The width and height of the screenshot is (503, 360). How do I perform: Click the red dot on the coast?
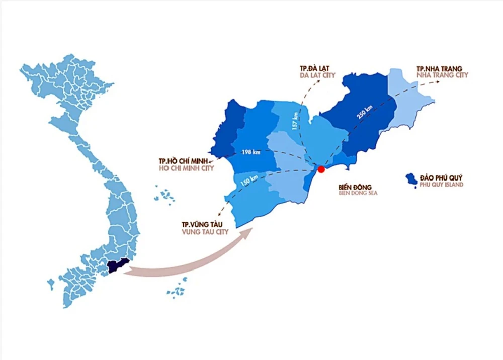321,170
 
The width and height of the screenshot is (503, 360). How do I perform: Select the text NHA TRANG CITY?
442,75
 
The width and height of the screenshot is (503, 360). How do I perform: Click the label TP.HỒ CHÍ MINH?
185,161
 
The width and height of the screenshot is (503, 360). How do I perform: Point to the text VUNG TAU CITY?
205,232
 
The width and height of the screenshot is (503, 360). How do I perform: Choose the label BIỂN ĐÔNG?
355,186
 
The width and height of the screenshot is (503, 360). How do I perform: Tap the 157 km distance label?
295,121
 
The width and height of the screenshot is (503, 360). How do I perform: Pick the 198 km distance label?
250,152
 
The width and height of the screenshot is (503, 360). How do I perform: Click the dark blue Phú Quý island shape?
413,179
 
